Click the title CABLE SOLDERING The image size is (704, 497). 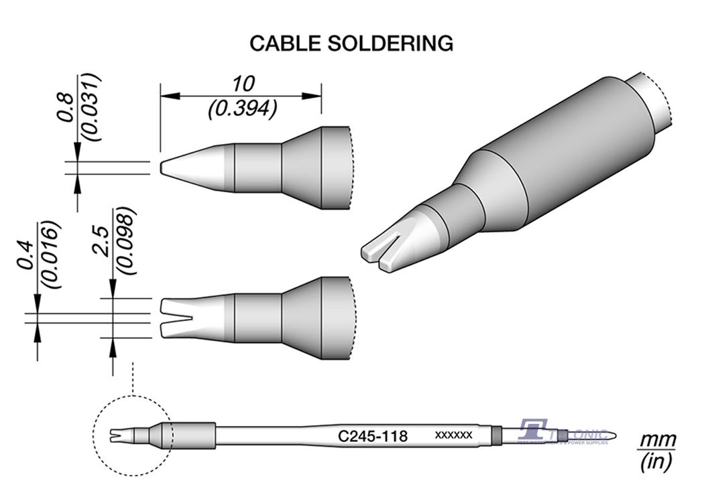pos(351,44)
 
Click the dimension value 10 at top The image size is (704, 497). pos(242,84)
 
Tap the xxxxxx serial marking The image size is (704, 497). pos(453,436)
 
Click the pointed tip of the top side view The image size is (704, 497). pos(163,167)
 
